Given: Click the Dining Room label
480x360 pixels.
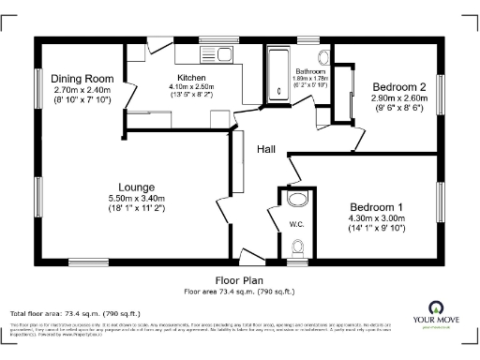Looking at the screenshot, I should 82,79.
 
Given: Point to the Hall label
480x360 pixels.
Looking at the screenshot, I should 265,148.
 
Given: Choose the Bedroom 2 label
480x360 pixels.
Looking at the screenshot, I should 398,86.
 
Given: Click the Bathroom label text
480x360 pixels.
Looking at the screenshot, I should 310,71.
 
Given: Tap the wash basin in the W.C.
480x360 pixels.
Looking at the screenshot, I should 298,199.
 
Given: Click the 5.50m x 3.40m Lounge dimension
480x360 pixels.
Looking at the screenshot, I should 137,199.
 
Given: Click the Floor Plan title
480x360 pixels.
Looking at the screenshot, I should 239,280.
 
